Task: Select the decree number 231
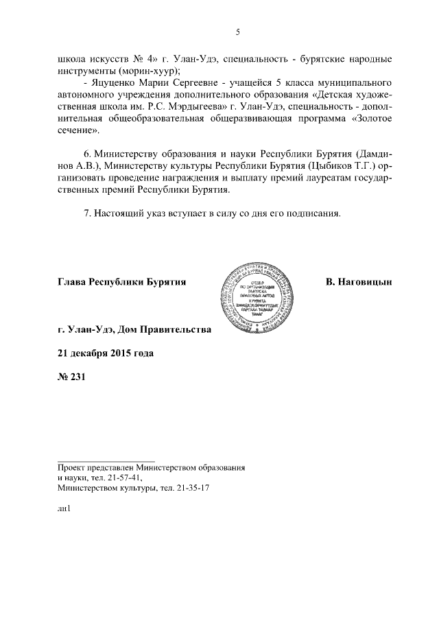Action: [x=77, y=376]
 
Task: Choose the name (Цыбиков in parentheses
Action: [x=311, y=165]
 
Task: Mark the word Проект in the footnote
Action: [x=73, y=467]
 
